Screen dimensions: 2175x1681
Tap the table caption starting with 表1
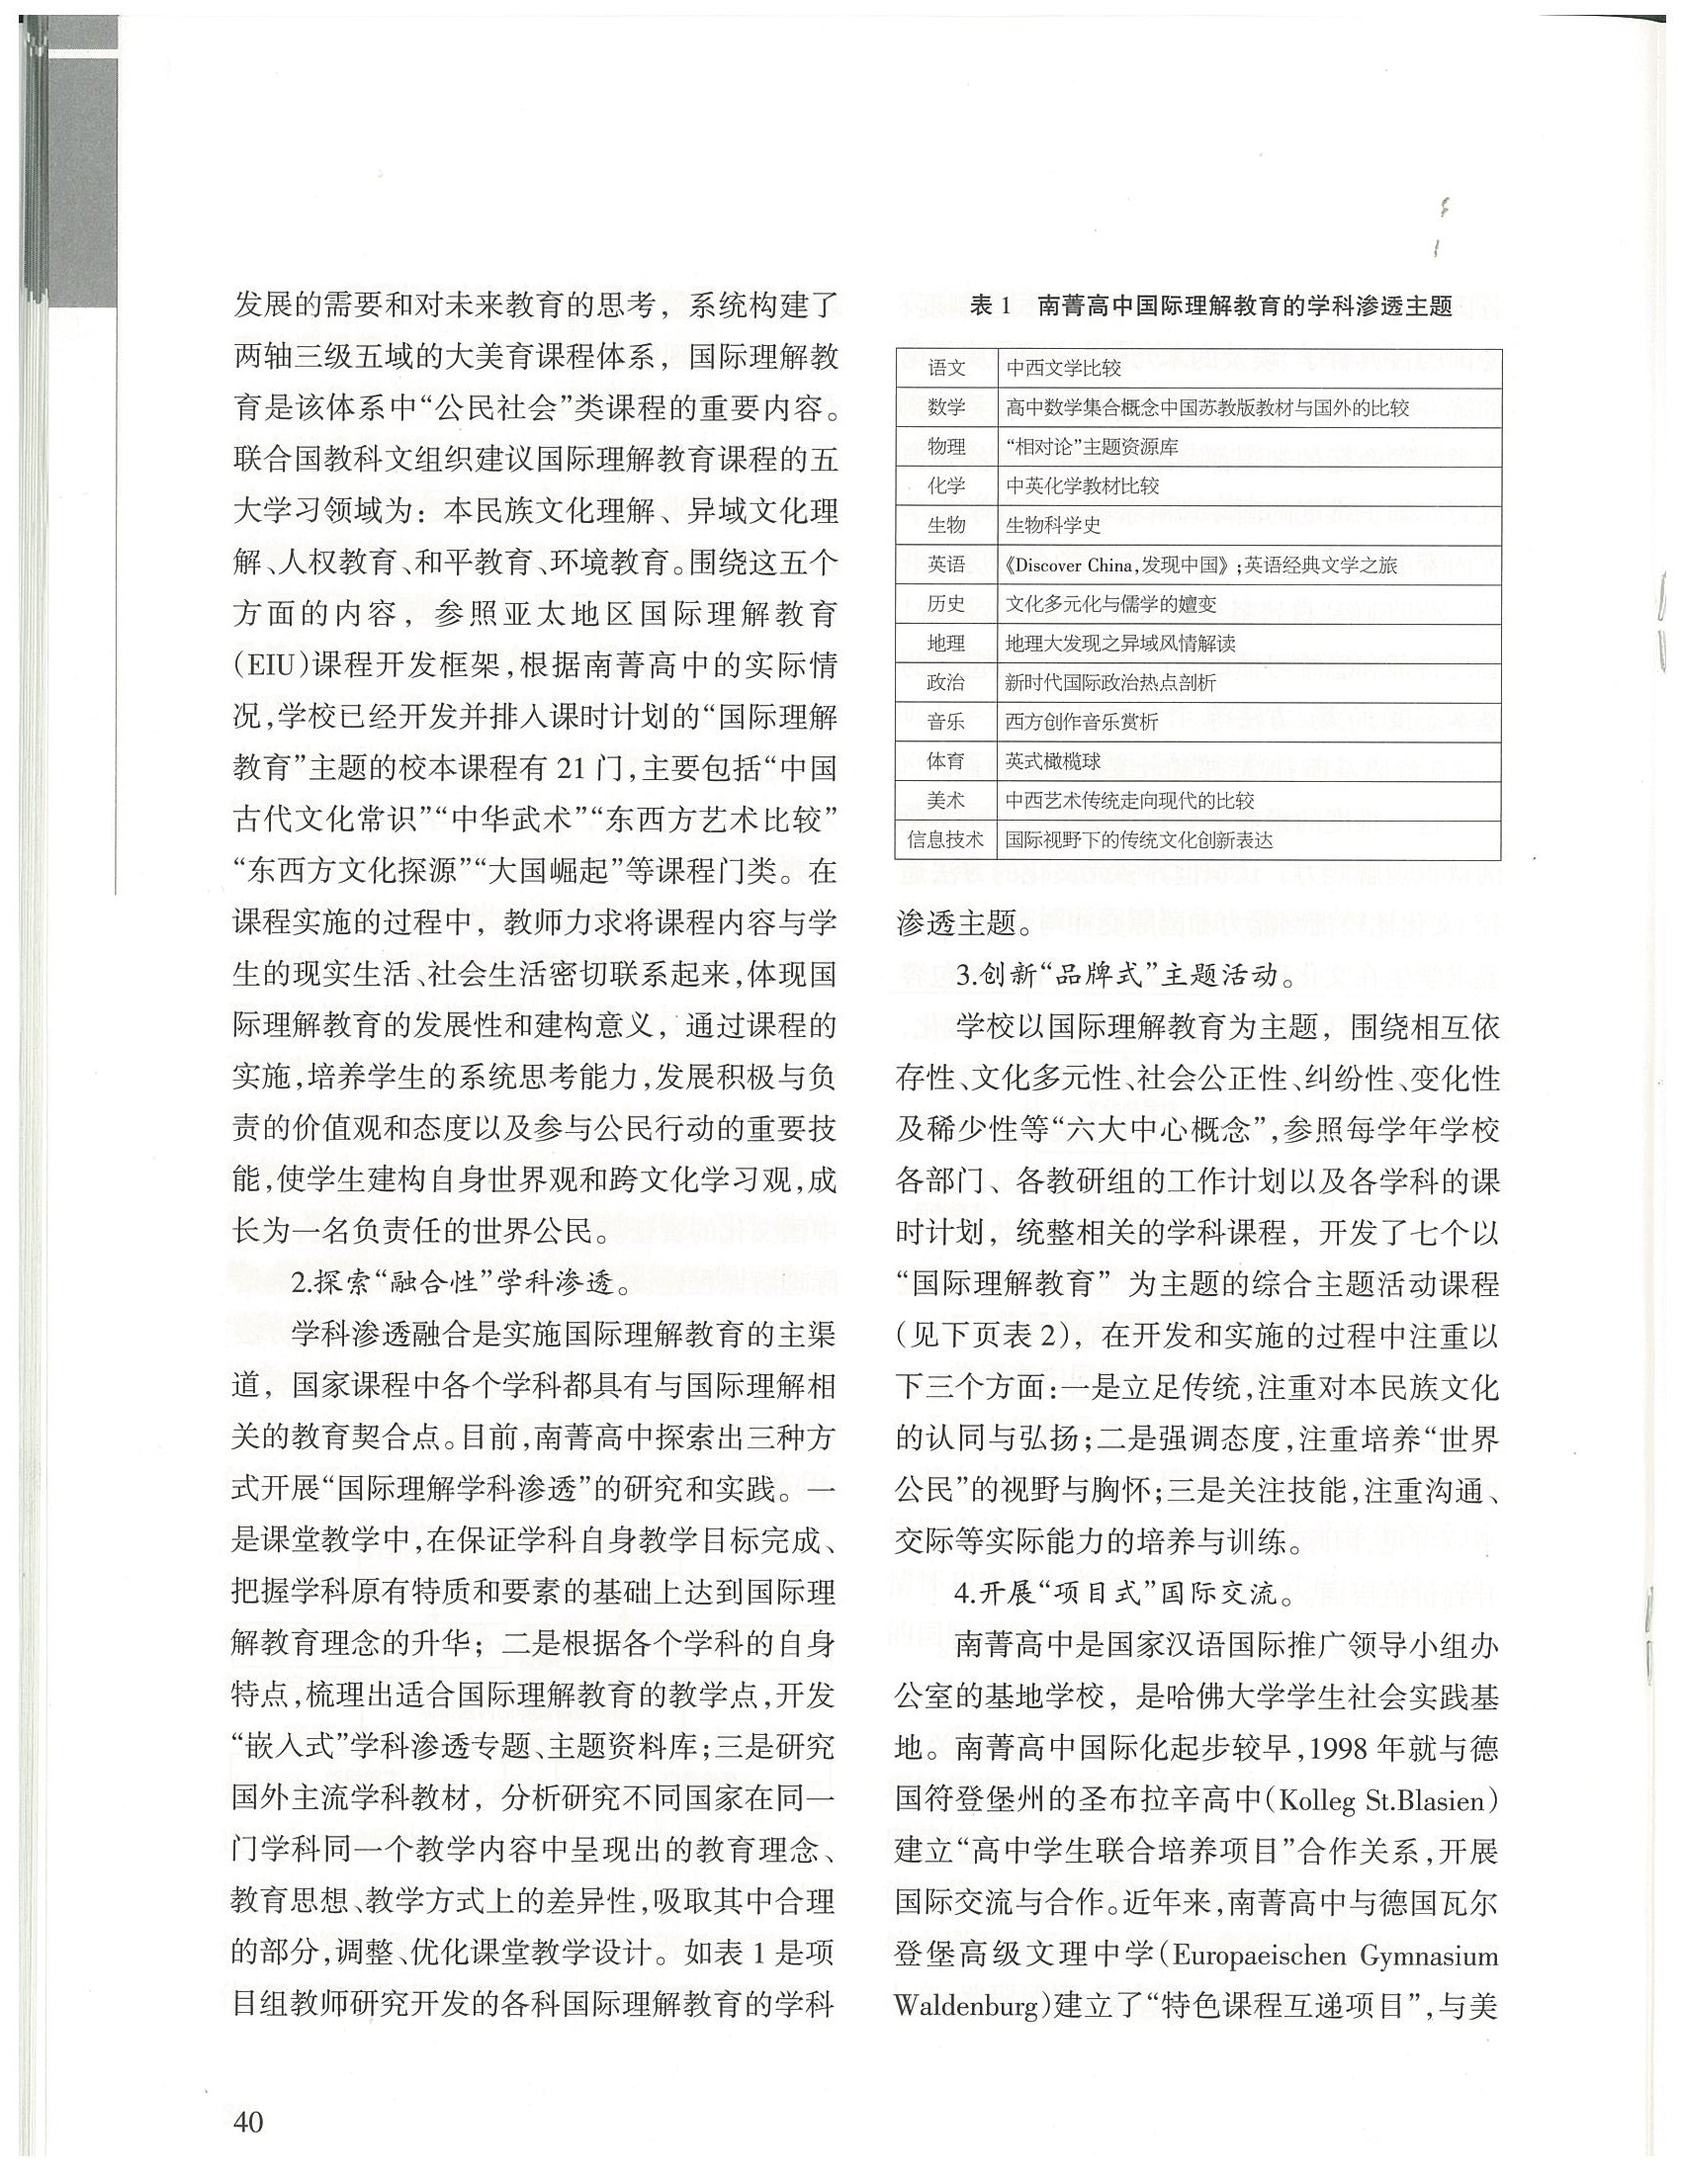pos(1211,307)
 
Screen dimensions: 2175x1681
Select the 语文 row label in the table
pos(946,369)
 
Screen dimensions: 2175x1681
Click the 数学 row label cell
pos(946,407)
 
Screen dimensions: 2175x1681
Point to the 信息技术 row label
pos(946,839)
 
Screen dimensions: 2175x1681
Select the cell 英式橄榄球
pos(1053,762)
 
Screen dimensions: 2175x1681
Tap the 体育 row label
pos(946,762)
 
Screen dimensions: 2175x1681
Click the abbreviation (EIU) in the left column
pos(270,665)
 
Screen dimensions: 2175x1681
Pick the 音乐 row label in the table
pos(946,722)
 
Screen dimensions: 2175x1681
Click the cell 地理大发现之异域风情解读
pos(1120,644)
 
